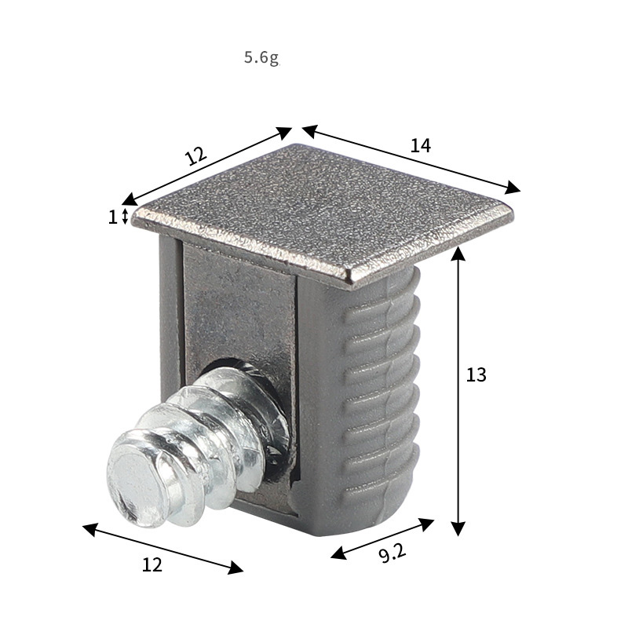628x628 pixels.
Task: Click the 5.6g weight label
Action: [261, 58]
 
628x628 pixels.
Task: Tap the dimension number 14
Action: [421, 145]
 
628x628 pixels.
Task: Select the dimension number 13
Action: [476, 375]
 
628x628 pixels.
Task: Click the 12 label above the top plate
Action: [196, 155]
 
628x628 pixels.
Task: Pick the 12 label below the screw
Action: [152, 564]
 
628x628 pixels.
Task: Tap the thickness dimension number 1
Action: [112, 217]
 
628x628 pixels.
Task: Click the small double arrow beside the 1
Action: [125, 217]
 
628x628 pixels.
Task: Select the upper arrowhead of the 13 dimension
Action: [458, 254]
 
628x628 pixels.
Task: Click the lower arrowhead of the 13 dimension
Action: [458, 528]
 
